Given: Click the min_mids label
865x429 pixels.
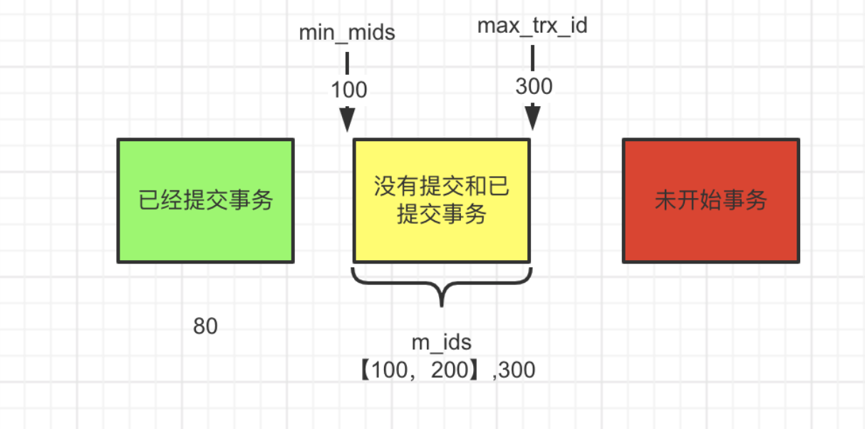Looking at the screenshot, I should (347, 32).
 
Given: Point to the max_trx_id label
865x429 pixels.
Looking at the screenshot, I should (532, 26).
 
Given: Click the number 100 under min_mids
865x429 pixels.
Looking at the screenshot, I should (348, 90).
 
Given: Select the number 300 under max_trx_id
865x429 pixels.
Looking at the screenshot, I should (534, 86).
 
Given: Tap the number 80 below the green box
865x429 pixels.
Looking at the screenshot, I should (205, 326).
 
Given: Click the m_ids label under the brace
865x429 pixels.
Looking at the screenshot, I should (442, 343).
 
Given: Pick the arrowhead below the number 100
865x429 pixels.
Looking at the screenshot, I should (347, 119).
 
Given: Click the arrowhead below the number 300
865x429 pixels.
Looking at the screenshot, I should (532, 118).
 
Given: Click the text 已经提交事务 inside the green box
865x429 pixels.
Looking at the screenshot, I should (205, 200).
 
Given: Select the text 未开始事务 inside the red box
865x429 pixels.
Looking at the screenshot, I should (710, 200).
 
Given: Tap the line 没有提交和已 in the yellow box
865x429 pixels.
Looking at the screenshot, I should (442, 188).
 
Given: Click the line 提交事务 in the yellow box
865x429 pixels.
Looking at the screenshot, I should (442, 213).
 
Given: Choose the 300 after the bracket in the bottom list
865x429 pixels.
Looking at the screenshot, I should (517, 370).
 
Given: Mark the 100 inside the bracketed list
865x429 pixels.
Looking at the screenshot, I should (390, 370).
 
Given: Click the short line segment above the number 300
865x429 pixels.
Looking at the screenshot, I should (532, 58).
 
